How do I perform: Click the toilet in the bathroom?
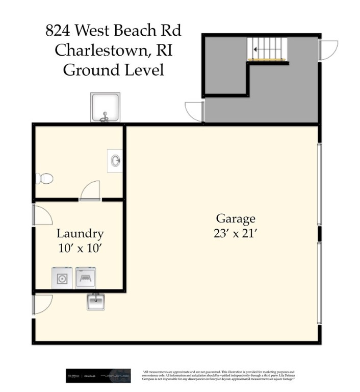coord(44,179)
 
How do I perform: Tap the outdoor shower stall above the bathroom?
coord(105,107)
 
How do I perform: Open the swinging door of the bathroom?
coord(90,190)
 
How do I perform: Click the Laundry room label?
coord(80,234)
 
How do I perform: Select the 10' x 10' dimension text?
coord(80,248)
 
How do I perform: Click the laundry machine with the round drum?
coord(62,279)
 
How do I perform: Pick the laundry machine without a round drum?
coord(85,279)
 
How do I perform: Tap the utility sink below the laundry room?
coord(96,302)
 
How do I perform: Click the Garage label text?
coord(235,219)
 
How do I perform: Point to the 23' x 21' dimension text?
coord(235,233)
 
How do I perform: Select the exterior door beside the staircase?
coord(328,50)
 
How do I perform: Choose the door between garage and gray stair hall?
coord(195,112)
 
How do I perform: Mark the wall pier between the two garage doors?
coord(320,234)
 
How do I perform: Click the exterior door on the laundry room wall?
coord(42,214)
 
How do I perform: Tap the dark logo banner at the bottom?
coord(98,376)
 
